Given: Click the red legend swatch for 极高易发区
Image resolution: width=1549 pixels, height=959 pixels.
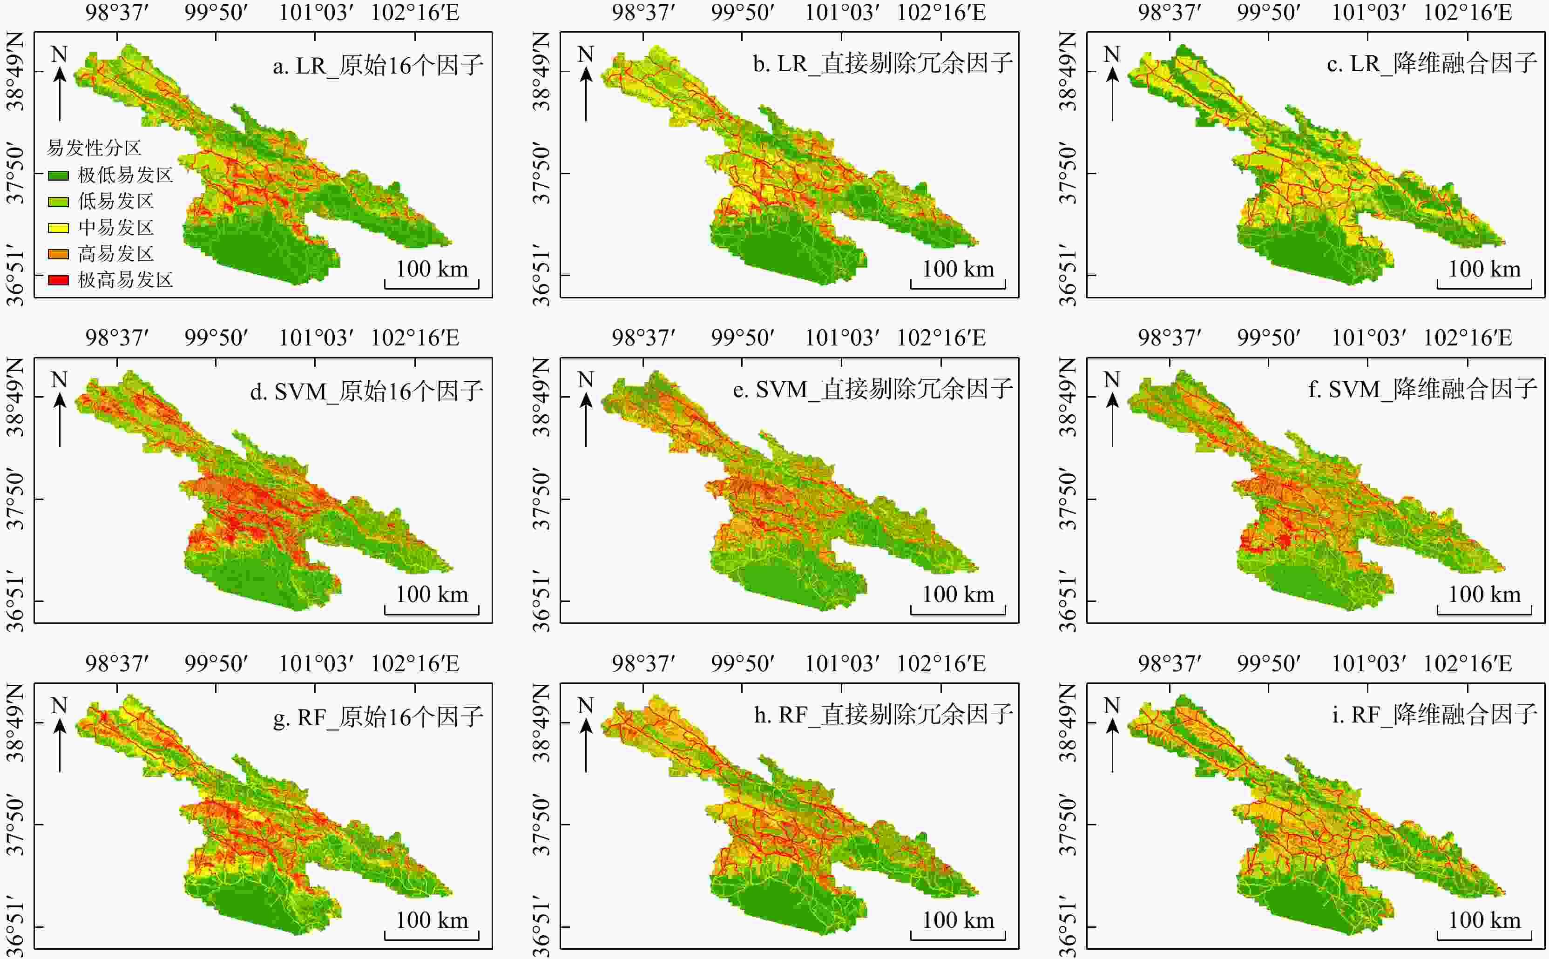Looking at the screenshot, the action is (58, 280).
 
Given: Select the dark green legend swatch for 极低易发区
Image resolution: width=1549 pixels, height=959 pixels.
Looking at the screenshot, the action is (58, 175).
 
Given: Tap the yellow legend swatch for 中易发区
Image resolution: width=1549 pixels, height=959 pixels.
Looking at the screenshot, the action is (58, 228).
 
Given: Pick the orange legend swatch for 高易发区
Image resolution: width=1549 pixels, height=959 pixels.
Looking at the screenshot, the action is (58, 254).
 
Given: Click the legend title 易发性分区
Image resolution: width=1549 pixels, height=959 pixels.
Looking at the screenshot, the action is (94, 148).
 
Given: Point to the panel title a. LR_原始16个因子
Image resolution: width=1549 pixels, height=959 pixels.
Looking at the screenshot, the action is (378, 65).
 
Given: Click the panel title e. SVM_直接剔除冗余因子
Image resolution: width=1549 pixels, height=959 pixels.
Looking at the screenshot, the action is (873, 390).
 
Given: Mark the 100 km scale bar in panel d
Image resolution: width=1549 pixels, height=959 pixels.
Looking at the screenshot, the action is (432, 610).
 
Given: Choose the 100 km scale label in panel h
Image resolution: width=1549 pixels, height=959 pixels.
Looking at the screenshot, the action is (958, 920).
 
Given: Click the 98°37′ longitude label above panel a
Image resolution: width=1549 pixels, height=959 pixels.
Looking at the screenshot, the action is (117, 12).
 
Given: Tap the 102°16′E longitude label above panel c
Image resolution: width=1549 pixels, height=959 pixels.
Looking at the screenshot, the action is (1468, 12).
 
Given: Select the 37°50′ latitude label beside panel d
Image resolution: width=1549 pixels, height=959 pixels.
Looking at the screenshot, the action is (15, 499).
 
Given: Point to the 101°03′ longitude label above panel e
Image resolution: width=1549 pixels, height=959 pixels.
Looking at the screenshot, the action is (842, 338).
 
